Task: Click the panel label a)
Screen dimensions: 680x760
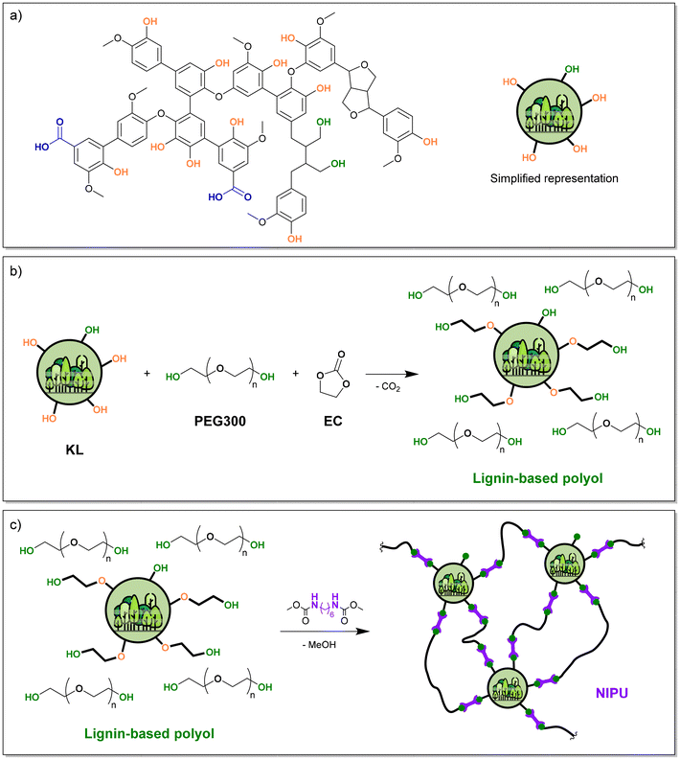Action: coord(16,15)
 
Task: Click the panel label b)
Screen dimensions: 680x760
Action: coord(16,271)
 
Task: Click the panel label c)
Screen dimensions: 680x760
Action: coord(15,525)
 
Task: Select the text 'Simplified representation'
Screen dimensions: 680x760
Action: coord(555,178)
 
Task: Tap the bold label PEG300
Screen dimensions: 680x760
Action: coord(220,421)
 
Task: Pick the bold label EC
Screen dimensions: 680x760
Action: coord(332,421)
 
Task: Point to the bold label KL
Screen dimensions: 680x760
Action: coord(75,449)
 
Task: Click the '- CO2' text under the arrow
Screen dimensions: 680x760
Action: coord(388,387)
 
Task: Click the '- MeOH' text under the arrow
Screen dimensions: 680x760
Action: coord(322,645)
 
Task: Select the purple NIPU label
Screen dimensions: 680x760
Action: coord(612,693)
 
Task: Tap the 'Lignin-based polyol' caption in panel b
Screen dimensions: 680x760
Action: coord(537,478)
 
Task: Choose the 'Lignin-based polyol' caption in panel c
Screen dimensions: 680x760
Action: coord(149,733)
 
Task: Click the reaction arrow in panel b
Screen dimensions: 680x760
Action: coord(392,374)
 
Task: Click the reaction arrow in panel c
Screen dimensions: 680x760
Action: coord(325,631)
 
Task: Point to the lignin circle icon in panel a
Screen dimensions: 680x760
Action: coord(549,112)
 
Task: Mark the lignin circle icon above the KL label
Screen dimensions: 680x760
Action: coord(70,373)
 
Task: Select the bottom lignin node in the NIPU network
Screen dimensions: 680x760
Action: coord(507,688)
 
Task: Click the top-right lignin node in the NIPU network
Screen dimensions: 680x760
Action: coord(565,564)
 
